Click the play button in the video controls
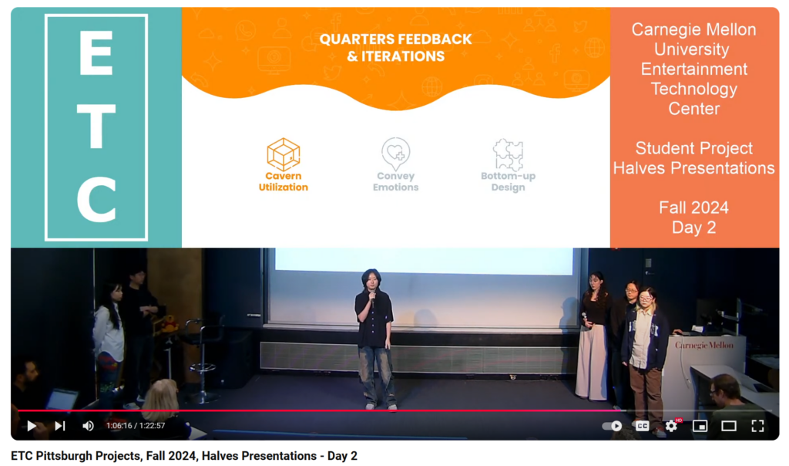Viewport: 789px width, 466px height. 31,426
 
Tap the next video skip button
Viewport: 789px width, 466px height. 60,426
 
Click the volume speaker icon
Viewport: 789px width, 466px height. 88,426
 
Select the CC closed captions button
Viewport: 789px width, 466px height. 642,426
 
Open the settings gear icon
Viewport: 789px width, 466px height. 671,426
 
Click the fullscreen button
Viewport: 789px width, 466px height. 757,426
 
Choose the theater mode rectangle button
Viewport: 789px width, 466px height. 729,426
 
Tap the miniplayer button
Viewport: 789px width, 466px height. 700,426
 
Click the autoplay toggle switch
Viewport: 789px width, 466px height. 613,426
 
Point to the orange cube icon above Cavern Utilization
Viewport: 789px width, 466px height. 284,154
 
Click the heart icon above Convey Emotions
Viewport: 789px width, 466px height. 395,154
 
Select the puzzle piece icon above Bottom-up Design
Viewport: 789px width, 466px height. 508,154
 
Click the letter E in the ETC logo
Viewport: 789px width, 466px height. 96,52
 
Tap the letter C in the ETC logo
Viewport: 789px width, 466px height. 96,200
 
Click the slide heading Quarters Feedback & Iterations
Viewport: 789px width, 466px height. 395,47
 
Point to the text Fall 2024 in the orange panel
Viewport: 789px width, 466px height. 694,208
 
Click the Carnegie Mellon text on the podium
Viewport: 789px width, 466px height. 704,345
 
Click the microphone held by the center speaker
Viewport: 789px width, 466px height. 372,297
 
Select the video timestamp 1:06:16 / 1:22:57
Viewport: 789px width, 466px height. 136,426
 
